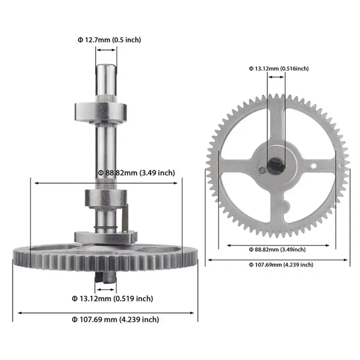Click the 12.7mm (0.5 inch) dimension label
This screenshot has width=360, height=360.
(x=109, y=40)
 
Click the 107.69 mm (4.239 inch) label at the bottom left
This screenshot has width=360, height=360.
(x=115, y=319)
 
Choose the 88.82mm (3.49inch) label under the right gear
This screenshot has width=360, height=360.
(x=277, y=249)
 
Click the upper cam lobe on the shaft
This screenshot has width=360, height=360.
(x=102, y=109)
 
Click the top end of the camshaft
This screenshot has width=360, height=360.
(x=106, y=68)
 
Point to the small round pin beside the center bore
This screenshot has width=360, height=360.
(x=261, y=170)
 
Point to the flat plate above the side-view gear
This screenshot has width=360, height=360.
(x=104, y=236)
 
